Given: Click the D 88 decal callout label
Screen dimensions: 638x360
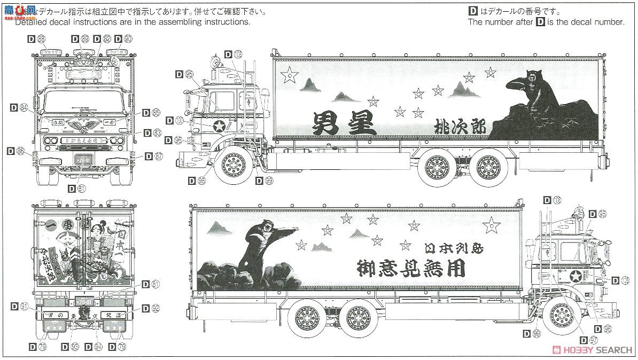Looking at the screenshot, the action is [x=37, y=38].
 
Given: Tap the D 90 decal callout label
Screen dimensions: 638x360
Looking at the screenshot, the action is [x=123, y=39].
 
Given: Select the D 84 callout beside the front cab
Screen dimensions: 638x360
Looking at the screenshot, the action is [x=19, y=108].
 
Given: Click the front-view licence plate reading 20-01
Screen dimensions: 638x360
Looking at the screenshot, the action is [x=83, y=159].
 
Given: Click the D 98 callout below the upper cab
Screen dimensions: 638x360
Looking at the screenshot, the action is [x=197, y=181].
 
